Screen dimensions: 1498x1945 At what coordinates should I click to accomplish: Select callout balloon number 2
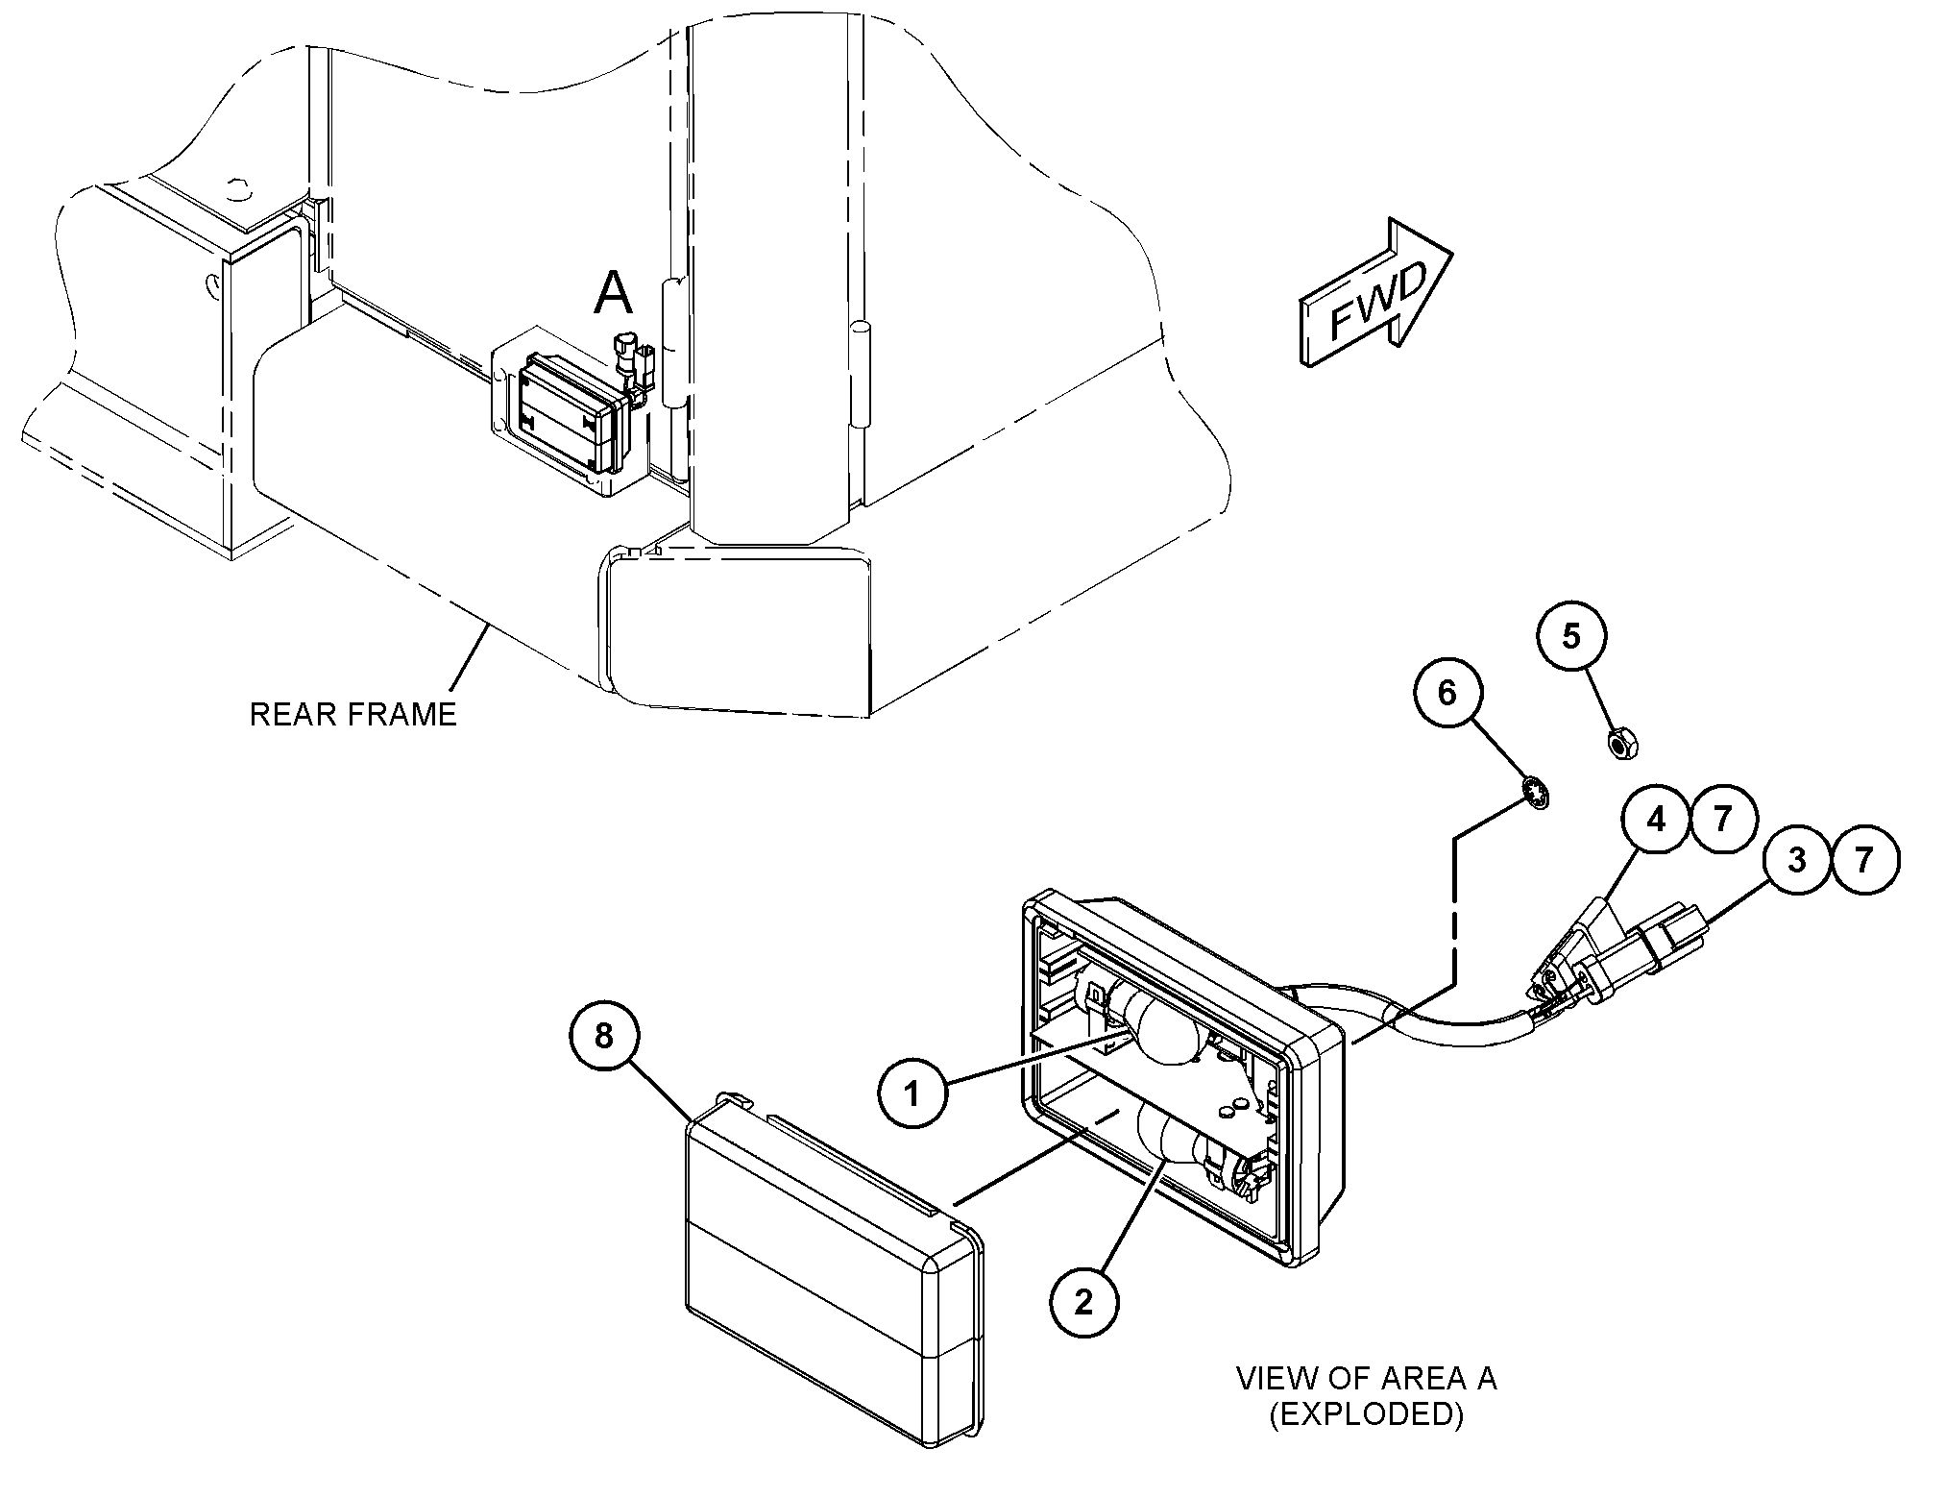1083,1302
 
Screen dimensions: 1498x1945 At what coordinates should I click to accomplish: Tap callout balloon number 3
1796,860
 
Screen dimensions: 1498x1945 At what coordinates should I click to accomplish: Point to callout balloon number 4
1656,819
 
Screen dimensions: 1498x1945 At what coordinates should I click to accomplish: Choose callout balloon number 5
1571,636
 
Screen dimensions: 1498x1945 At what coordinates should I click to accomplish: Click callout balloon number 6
1447,692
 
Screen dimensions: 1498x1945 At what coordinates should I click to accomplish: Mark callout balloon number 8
603,1036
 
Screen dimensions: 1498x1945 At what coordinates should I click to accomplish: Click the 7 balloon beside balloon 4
1723,819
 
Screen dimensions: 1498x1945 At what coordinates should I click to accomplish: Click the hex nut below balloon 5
1622,743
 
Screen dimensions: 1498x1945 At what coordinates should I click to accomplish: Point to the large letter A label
614,293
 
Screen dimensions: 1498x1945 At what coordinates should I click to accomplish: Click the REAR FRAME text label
353,715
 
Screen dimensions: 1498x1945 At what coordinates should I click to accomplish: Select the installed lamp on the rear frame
562,417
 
